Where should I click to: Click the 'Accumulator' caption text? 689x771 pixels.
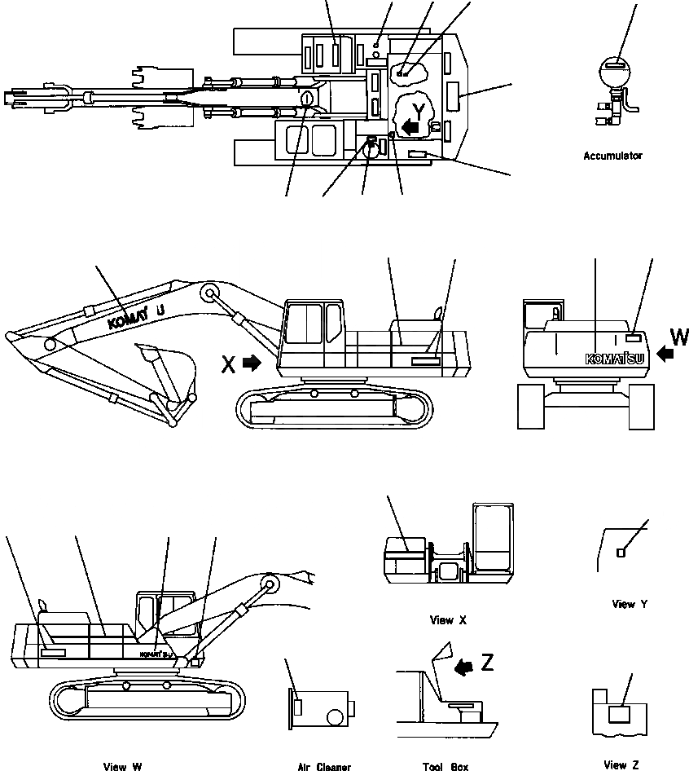coord(612,156)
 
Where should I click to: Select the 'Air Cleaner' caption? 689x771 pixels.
coord(324,766)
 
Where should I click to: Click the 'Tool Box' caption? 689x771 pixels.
coord(445,766)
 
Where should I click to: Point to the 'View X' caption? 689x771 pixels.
coord(448,620)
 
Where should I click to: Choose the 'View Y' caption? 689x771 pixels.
coord(630,604)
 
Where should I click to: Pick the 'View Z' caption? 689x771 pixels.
coord(621,764)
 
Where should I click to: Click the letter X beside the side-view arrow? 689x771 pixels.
coord(229,364)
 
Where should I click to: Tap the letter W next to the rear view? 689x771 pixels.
coord(679,337)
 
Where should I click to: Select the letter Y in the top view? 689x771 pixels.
coord(419,110)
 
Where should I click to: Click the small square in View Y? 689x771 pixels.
coord(621,553)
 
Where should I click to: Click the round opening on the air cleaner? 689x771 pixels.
coord(336,717)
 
